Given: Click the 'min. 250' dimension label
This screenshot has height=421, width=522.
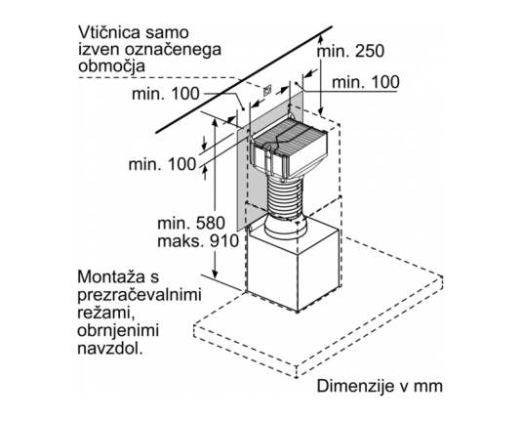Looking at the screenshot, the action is point(350,52).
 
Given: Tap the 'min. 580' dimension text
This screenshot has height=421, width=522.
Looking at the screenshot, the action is point(191,223).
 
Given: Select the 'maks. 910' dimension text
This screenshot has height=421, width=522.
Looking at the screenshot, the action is point(198,241).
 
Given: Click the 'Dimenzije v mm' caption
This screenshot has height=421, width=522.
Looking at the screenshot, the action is point(380,386).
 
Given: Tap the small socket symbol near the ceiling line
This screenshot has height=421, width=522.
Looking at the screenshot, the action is point(267,90).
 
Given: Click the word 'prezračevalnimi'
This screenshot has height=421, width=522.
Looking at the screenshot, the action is point(140,296).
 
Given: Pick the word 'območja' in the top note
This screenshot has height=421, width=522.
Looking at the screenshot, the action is point(112,66).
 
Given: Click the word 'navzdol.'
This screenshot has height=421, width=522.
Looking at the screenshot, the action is point(110,349).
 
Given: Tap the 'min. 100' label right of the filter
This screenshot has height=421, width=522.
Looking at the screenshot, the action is point(366,82).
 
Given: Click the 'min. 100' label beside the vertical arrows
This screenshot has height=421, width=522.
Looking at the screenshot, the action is point(163,164).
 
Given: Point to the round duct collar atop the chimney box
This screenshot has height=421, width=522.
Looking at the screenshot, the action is point(285,227).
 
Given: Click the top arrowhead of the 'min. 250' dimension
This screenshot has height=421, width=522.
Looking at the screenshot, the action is point(320,39).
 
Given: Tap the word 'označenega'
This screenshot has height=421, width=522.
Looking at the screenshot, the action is point(173,51).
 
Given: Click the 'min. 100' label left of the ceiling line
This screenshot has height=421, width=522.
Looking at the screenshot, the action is point(166,94).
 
